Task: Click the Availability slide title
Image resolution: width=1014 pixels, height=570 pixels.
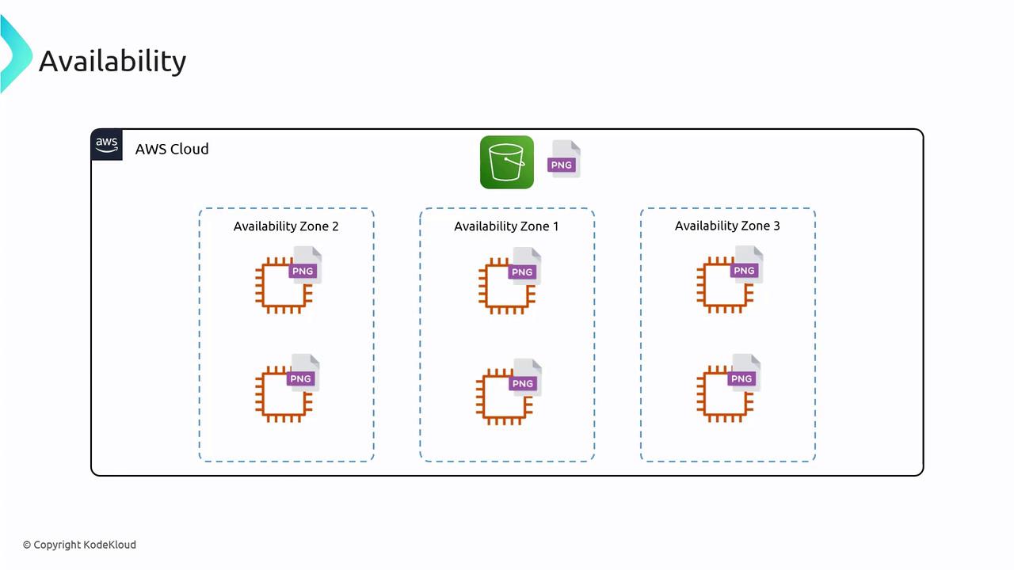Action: pyautogui.click(x=112, y=61)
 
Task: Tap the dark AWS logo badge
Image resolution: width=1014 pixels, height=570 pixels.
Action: pyautogui.click(x=107, y=145)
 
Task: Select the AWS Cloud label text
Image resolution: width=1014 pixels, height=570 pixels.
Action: pyautogui.click(x=172, y=149)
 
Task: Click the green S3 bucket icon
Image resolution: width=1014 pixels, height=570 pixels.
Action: pyautogui.click(x=507, y=162)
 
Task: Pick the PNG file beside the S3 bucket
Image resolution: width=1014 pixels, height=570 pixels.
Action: pyautogui.click(x=564, y=159)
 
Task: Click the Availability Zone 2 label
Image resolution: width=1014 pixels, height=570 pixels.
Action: pyautogui.click(x=286, y=226)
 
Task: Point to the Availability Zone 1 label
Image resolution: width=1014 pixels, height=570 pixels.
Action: pyautogui.click(x=506, y=226)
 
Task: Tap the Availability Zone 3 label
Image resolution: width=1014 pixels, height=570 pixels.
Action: pyautogui.click(x=727, y=226)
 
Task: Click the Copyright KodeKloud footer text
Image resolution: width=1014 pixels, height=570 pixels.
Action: pyautogui.click(x=80, y=545)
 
